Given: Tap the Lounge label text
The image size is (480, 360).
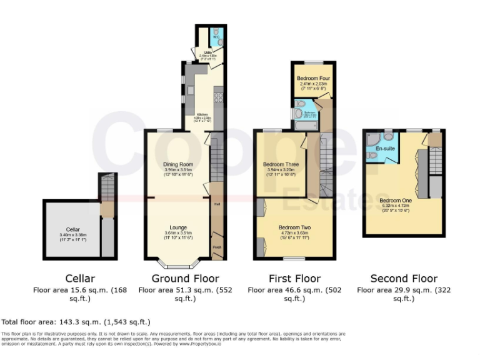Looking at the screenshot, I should [178, 227].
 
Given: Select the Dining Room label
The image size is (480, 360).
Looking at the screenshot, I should [178, 164].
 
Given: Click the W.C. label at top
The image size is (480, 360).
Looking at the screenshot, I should [216, 37].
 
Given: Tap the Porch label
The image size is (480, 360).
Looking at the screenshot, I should [217, 247].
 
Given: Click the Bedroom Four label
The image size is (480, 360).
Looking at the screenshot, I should [312, 78].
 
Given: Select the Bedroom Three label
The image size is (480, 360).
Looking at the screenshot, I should [281, 164].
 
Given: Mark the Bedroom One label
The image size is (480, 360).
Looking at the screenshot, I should [395, 201].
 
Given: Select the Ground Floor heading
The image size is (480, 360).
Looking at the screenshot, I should [177, 279].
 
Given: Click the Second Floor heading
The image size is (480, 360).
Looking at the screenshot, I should [404, 279].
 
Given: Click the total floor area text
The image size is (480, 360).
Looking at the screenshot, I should [76, 322].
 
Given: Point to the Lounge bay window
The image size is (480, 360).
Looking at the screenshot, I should [178, 261].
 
